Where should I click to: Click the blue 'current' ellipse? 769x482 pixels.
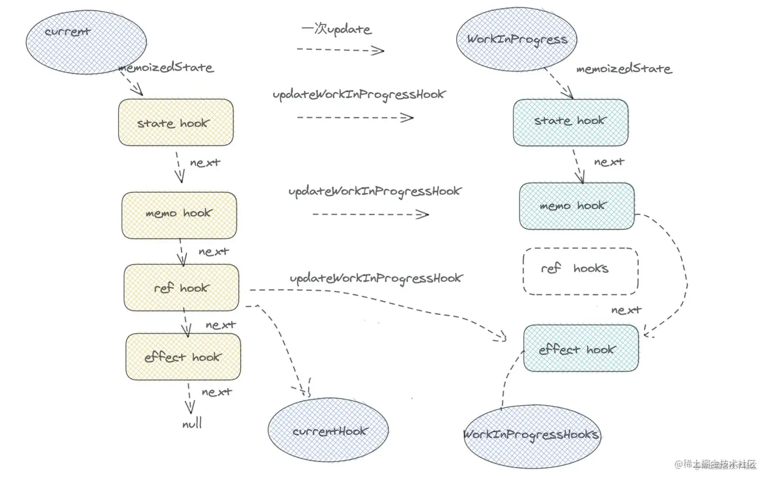tap(86, 42)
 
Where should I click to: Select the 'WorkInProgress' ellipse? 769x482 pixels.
tap(516, 40)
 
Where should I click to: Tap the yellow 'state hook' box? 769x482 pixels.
tap(175, 123)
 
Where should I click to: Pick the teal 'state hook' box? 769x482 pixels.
tap(570, 123)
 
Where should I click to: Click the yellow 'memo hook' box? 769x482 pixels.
tap(179, 215)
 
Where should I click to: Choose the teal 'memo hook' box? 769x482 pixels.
tap(576, 206)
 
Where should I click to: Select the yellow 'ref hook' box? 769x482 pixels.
tap(181, 287)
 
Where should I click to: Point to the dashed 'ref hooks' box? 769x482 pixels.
tap(580, 271)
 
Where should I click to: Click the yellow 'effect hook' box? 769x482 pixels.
tap(183, 356)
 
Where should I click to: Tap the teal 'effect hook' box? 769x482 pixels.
tap(580, 348)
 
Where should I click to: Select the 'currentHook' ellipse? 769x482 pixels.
tap(328, 430)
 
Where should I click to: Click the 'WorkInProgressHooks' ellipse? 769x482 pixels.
tap(531, 436)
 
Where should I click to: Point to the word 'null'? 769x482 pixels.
tap(192, 423)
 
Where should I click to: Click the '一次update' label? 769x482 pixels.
tap(336, 29)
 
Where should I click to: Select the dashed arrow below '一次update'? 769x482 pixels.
tap(340, 50)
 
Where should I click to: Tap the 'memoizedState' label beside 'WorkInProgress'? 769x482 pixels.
tap(624, 69)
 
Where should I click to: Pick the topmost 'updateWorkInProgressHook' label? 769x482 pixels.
tap(359, 95)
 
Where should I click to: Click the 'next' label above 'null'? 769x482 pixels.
tap(217, 392)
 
